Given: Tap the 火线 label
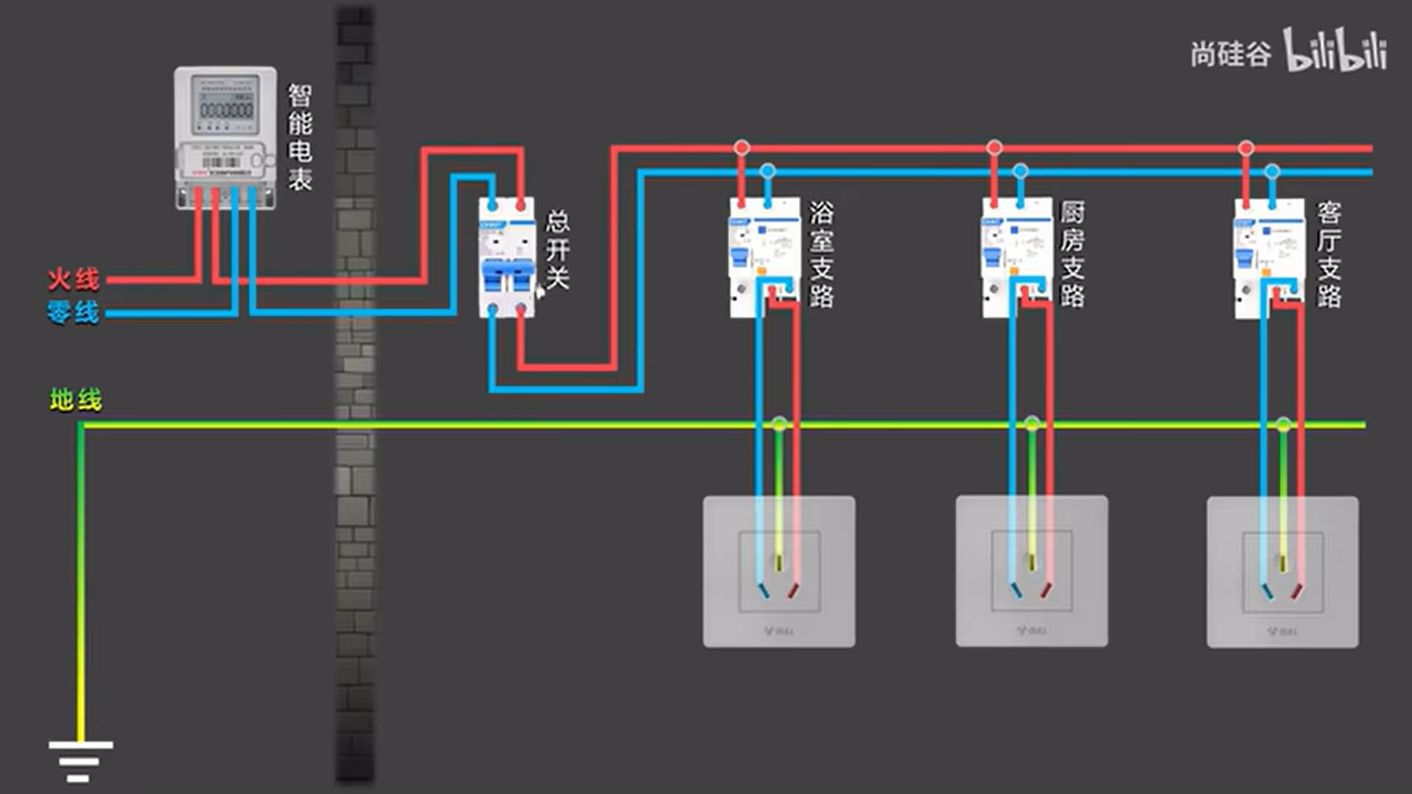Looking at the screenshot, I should (74, 280).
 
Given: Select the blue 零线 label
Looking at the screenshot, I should (73, 313).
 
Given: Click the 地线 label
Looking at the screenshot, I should (76, 400).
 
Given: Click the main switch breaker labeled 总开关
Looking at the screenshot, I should (506, 258).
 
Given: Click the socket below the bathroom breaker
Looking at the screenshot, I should (778, 572).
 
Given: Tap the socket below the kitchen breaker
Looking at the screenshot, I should (1032, 572).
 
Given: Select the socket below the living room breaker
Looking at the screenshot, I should (1282, 572).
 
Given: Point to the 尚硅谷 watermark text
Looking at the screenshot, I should (1230, 54).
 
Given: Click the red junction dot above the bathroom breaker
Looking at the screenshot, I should (742, 148).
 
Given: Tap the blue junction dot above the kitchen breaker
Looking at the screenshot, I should (1020, 171).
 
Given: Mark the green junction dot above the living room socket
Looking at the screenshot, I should (1283, 425).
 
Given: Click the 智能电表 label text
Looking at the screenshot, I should (299, 137).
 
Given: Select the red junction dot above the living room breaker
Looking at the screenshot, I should (1246, 148).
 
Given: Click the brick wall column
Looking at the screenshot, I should (355, 397).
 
